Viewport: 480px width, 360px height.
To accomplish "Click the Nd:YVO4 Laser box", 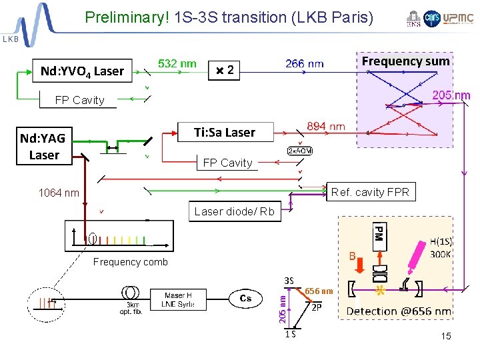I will click(82, 70).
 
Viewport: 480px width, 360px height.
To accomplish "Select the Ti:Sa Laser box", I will click(225, 132).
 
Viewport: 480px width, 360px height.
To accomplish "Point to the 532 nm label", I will click(177, 63).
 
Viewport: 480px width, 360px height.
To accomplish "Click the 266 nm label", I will click(305, 64).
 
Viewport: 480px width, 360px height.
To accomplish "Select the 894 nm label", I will click(326, 126).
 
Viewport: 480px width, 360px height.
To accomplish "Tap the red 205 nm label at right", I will click(451, 95).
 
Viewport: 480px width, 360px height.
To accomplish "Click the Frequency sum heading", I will click(405, 61).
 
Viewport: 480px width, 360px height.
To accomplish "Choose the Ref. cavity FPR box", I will click(370, 192).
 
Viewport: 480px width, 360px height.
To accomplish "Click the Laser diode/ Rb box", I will click(234, 212).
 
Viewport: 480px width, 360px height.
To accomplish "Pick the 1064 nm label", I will click(59, 193).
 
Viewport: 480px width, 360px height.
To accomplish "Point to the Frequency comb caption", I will click(131, 262).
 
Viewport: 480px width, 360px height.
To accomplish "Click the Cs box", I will click(245, 298).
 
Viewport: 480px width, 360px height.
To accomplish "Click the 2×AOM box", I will click(300, 151).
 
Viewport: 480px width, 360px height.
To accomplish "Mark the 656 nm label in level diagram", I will click(319, 291).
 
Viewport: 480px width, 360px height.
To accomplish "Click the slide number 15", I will click(445, 336).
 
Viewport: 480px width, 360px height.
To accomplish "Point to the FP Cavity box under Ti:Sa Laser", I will click(227, 163).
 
